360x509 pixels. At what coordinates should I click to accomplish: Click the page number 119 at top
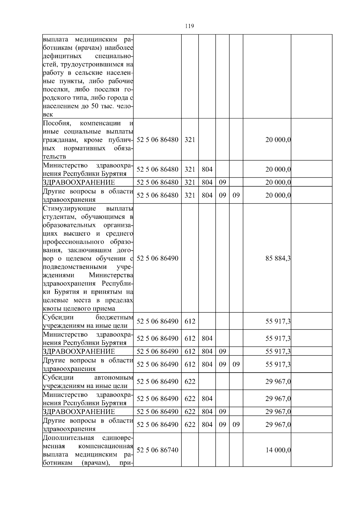point(189,26)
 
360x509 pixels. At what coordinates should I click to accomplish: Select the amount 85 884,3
point(278,258)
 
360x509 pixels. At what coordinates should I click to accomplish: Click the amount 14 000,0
point(278,450)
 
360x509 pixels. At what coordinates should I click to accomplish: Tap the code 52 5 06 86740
point(157,450)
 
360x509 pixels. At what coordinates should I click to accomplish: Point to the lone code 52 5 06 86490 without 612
point(157,258)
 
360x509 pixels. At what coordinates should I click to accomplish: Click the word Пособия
point(57,123)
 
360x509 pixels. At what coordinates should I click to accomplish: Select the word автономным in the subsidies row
point(113,377)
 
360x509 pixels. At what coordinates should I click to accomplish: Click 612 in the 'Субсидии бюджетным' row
point(190,321)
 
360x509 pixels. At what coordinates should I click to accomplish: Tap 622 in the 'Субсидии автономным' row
point(190,381)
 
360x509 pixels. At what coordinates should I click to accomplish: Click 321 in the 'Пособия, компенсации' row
point(190,140)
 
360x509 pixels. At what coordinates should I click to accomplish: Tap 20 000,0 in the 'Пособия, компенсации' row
point(278,140)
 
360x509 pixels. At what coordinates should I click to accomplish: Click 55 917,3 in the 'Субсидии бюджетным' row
point(278,321)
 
